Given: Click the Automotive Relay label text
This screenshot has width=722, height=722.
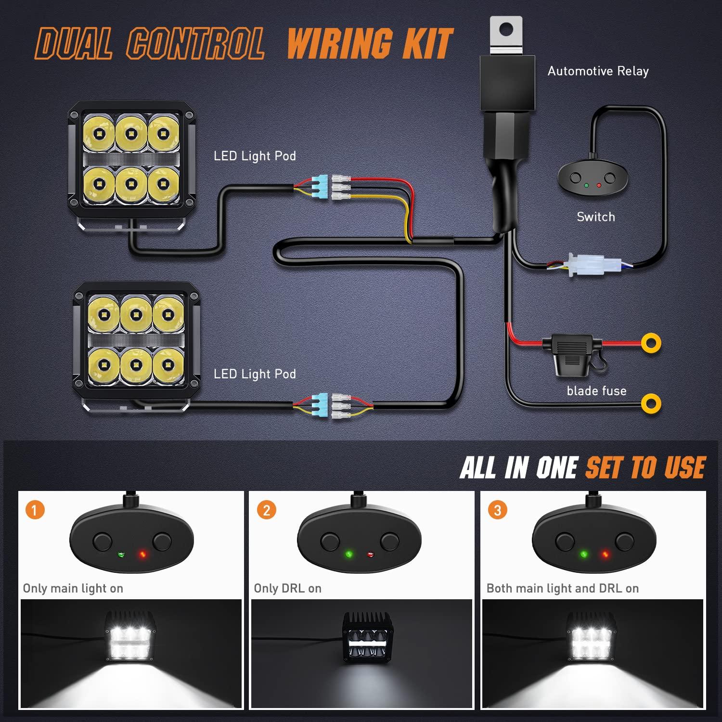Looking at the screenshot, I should click(598, 71).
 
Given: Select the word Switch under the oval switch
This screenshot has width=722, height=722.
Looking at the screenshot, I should click(596, 217).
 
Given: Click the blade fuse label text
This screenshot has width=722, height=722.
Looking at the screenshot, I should click(596, 391).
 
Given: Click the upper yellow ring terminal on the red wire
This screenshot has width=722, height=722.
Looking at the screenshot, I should click(651, 343).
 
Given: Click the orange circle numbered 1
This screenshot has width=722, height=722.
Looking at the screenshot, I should click(35, 510).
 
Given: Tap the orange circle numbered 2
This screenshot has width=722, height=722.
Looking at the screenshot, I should click(266, 510).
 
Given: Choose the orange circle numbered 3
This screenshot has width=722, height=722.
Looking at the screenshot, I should click(497, 510).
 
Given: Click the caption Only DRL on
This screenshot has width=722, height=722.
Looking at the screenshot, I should click(287, 588).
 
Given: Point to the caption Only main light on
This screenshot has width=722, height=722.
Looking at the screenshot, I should click(73, 588).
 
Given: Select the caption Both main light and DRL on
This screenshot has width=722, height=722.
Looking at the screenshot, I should click(562, 588).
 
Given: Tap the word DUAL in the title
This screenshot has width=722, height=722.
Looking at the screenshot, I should click(74, 44).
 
